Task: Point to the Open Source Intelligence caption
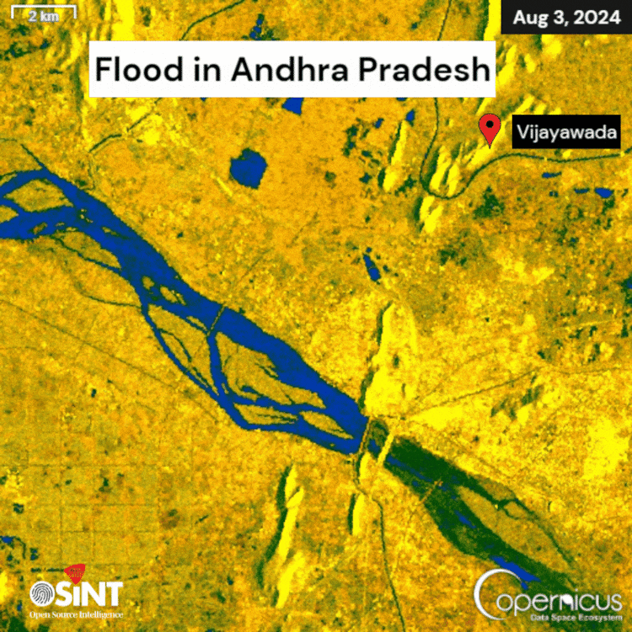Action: (x=76, y=614)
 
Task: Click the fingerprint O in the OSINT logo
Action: (x=42, y=593)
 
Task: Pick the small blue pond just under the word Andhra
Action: (x=293, y=106)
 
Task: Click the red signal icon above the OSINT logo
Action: (x=75, y=573)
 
